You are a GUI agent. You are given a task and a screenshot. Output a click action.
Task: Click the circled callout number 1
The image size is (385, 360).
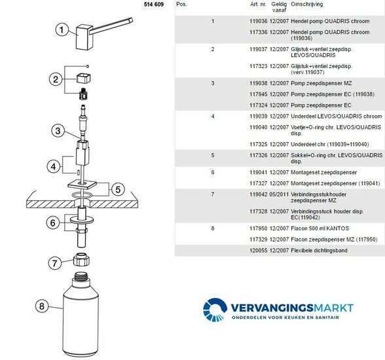coord(62,29)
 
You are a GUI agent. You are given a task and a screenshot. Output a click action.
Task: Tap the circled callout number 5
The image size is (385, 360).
coord(118,189)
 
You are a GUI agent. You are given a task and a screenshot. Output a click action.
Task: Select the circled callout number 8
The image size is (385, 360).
coord(42,306)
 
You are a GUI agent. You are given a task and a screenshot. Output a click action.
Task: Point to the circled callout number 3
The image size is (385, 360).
coord(58,131)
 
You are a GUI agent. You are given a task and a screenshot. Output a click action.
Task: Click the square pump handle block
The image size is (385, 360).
coord(84,37)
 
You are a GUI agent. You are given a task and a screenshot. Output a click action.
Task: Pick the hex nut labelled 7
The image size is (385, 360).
coord(81,259)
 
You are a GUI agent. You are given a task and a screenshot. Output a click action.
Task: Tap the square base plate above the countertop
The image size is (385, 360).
coord(82,184)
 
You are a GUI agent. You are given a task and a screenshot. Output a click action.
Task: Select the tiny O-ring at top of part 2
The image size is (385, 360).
coord(88,66)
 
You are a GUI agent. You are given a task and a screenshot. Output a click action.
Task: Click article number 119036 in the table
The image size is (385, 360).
coord(258,21)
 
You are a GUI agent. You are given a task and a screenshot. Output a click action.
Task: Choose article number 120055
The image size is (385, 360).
coord(258,251)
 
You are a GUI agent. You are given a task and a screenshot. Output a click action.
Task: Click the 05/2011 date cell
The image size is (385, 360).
coord(279,194)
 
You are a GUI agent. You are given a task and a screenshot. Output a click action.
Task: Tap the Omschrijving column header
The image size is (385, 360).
coord(306,4)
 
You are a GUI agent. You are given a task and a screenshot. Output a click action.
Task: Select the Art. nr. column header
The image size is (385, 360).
coord(258,4)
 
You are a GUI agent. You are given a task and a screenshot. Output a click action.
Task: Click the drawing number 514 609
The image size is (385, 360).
coord(154,4)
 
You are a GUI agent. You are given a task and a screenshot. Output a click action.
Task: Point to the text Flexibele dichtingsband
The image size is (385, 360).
coord(319,251)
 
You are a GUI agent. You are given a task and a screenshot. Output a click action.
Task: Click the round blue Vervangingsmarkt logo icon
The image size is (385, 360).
coord(215,310)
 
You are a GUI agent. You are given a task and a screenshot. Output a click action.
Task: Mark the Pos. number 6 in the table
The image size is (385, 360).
coord(213,172)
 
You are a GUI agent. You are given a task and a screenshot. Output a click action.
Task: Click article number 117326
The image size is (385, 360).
coord(258,155)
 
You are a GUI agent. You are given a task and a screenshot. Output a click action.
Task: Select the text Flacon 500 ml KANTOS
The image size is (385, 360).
coord(320,228)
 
